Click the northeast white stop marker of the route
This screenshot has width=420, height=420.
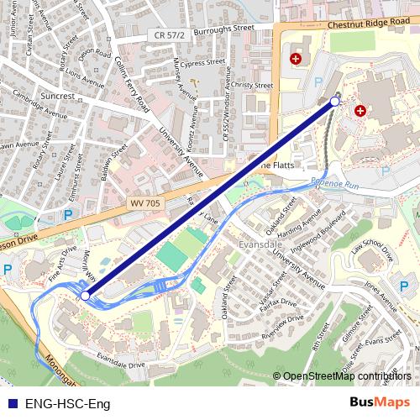(335, 102)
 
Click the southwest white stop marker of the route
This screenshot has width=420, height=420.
(85, 296)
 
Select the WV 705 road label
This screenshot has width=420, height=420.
(145, 203)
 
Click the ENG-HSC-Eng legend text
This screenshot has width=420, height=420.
(68, 403)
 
